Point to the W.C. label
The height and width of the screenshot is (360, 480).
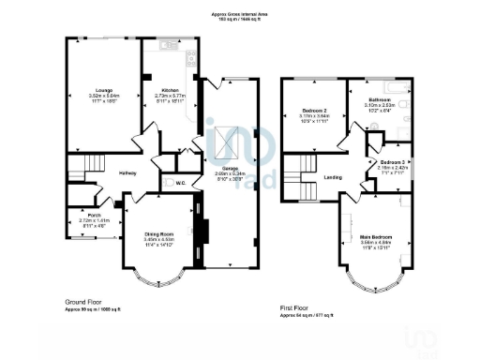pos(181,184)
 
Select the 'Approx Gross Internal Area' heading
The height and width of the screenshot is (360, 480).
pos(240,13)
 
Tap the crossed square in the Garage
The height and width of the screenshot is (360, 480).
pos(221,145)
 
